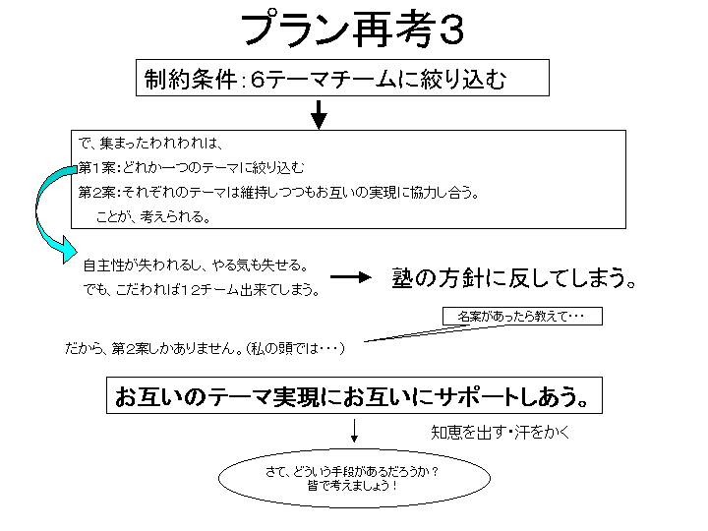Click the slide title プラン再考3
point(353,29)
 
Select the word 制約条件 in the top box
point(191,80)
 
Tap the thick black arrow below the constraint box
point(319,115)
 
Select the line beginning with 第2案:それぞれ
point(278,193)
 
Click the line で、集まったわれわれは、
point(150,144)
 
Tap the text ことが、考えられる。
point(153,217)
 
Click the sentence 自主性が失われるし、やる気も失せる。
point(196,265)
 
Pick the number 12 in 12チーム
point(191,290)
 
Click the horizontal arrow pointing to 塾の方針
point(351,277)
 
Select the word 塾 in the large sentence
point(403,277)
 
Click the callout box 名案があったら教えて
point(522,316)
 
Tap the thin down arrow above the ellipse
point(354,431)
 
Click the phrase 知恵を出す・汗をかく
point(501,433)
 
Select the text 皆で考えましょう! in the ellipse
point(353,487)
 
